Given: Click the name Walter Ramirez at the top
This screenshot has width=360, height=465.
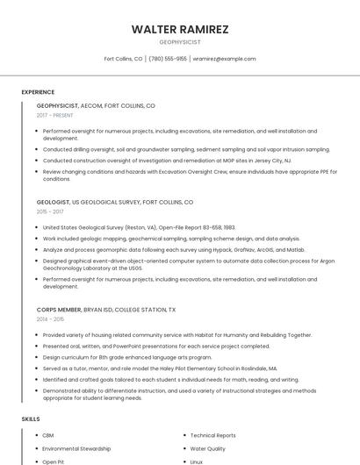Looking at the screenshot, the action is [x=180, y=29].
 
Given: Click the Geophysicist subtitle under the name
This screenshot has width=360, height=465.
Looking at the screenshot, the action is [x=180, y=41].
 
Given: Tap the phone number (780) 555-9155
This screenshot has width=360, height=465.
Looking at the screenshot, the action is [x=168, y=59].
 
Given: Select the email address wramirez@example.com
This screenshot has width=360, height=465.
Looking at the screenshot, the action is [x=224, y=59].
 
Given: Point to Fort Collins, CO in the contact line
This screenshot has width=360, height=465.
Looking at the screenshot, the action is [x=123, y=59].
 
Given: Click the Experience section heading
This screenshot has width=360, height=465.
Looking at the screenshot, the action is [x=38, y=92].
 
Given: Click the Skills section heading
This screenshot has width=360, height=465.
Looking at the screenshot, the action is [x=31, y=419].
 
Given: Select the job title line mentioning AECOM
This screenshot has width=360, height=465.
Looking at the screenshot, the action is [x=96, y=105].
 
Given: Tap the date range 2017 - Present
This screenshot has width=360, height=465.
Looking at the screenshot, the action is [x=55, y=115].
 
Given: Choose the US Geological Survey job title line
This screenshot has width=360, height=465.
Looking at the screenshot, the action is [x=115, y=202].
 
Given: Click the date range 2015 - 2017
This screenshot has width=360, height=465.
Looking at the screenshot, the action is [x=50, y=211].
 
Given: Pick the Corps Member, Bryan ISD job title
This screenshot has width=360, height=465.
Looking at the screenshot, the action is [x=106, y=310].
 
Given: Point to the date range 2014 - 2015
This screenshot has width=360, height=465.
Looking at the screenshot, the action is [x=50, y=319].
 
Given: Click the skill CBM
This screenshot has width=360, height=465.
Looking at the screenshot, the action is [x=48, y=435].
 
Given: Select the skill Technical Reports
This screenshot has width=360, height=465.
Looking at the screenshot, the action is [x=212, y=435].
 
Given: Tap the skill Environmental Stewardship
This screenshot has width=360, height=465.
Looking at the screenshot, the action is [x=76, y=448].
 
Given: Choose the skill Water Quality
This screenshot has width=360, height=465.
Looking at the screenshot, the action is [x=208, y=448].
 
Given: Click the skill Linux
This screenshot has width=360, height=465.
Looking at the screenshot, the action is [x=197, y=461].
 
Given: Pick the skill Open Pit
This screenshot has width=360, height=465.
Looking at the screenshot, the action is [x=54, y=461].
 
